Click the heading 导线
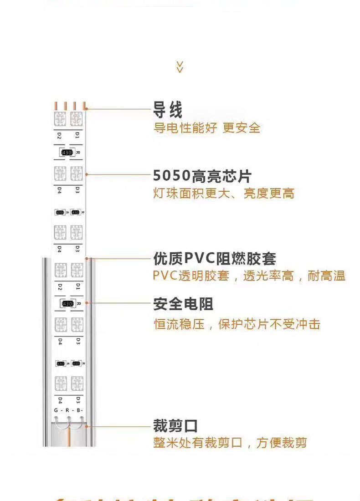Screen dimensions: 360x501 point(168,110)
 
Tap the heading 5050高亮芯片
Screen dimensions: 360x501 point(202,176)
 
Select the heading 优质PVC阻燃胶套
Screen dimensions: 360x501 point(214,259)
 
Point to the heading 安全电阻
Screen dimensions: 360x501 point(183,304)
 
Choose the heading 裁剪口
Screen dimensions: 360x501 point(175,427)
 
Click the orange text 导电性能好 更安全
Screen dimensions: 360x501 point(206,128)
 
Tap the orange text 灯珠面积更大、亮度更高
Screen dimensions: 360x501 point(223,194)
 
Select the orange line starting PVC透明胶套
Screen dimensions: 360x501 point(249,276)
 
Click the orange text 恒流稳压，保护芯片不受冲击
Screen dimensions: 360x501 point(237,325)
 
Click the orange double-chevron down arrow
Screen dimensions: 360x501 point(180,66)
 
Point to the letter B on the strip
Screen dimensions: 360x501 point(78,410)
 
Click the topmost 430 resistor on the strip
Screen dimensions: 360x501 point(67,153)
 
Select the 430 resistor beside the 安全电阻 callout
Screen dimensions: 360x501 point(67,303)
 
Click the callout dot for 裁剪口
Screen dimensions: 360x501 point(87,426)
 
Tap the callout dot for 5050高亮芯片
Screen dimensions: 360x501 point(86,174)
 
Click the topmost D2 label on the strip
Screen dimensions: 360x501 point(59,135)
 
